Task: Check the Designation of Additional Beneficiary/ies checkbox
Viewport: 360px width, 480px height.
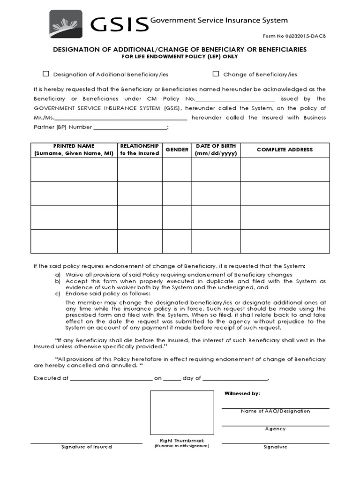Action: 46,74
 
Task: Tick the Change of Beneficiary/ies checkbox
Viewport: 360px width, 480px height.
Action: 216,74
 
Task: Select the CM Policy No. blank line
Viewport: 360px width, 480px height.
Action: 235,99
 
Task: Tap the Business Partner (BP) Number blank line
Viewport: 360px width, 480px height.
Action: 130,127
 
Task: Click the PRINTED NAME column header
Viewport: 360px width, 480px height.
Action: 74,150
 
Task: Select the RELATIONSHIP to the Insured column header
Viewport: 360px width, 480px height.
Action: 140,150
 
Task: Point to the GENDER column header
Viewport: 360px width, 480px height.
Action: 177,150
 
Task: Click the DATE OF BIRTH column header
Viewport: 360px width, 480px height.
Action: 216,150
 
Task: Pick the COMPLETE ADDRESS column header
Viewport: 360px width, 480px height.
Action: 285,150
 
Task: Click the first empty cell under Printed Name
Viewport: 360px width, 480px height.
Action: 74,169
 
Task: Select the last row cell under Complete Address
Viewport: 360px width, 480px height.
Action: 285,241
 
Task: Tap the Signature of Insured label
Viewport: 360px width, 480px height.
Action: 87,447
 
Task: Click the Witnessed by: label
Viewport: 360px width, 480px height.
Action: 242,394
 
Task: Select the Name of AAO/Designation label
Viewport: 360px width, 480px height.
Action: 275,411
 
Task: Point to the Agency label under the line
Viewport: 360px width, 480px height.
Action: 275,429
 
